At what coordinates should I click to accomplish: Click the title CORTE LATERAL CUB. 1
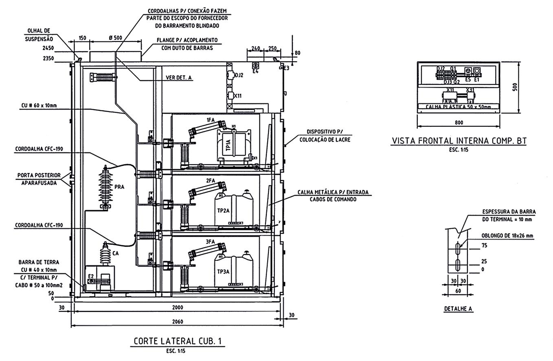[179, 341]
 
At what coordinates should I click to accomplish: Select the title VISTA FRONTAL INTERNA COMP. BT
[459, 141]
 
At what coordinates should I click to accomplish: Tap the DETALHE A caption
[458, 309]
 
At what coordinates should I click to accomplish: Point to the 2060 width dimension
[178, 321]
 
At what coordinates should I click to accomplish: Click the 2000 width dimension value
[178, 307]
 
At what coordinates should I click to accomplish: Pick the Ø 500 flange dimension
[115, 38]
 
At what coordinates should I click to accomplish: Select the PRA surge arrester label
[119, 187]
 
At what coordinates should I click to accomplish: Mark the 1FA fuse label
[210, 120]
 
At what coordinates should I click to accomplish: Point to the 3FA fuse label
[210, 242]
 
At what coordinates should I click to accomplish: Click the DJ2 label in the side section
[239, 75]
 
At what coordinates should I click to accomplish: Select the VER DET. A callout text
[178, 77]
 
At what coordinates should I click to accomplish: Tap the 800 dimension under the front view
[459, 122]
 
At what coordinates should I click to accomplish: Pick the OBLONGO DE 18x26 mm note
[507, 236]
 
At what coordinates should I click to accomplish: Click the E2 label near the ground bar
[91, 276]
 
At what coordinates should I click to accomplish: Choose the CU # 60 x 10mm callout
[38, 106]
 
